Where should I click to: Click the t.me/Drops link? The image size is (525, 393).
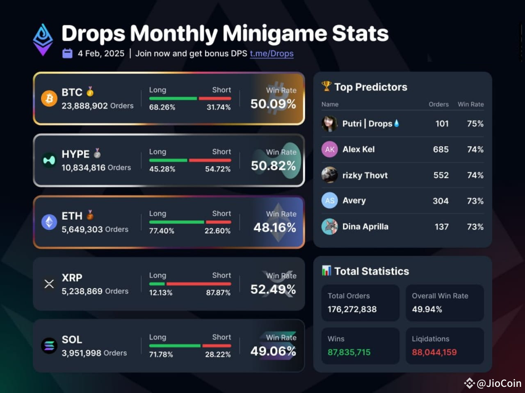272,54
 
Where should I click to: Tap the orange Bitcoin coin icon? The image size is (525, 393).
49,99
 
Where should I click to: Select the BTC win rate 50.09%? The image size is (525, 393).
273,104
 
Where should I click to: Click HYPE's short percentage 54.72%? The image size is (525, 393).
218,169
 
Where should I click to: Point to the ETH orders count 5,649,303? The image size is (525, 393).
82,230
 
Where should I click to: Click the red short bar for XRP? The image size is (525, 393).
199,284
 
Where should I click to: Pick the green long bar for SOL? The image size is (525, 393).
175,346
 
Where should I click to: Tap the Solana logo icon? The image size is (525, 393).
49,346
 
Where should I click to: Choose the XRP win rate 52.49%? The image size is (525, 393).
273,289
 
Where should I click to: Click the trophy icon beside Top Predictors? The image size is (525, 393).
326,86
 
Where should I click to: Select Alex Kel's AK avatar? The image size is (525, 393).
330,149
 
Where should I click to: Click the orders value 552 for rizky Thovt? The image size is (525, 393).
441,175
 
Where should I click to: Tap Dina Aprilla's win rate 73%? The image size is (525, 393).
475,227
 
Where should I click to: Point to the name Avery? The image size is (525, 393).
354,201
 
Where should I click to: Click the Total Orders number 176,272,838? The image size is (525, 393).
352,309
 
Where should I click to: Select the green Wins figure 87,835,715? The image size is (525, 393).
349,352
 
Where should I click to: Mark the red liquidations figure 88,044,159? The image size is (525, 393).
434,352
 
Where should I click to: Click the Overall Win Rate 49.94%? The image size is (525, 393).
427,309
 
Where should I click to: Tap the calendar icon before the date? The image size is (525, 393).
67,54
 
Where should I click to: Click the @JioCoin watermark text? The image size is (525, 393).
499,383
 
